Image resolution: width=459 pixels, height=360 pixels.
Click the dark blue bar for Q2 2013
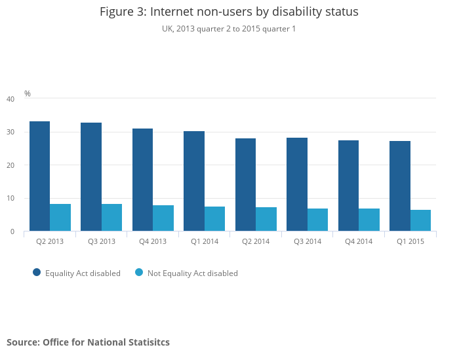coord(40,176)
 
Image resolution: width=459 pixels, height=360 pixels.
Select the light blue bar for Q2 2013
coord(60,217)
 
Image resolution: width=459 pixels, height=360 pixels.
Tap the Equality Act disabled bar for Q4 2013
coord(142,180)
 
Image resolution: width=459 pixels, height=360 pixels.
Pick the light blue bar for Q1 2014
coord(214,218)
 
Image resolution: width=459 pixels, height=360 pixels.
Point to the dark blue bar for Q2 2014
coord(245,184)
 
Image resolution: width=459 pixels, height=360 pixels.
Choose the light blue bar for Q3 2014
coord(317,220)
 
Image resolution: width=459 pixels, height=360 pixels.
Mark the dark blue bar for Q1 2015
coord(400,186)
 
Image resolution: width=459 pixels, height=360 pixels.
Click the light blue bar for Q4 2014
coord(369,220)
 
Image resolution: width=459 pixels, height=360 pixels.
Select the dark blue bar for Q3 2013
coord(91,176)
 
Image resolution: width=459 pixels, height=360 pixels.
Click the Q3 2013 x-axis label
coord(102,241)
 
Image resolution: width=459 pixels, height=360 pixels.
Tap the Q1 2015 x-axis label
coord(410,241)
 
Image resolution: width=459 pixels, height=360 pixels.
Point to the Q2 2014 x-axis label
coord(256,241)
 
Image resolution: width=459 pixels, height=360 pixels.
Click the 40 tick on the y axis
coord(10,99)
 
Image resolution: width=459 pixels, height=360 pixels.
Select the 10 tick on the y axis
coord(10,198)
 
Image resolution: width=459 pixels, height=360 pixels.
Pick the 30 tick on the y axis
coord(10,132)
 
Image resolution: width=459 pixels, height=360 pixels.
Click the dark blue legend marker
coord(37,273)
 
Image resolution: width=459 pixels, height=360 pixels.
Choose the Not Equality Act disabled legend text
coord(192,273)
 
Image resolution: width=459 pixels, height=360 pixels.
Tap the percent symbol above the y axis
coord(28,94)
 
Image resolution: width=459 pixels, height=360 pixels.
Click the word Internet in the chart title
coord(173,12)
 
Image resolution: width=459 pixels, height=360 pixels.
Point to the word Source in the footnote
coord(22,342)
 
